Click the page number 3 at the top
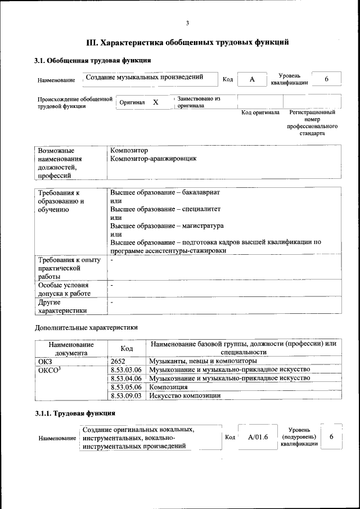187,23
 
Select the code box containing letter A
253,79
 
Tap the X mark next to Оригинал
156,102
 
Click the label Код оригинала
260,112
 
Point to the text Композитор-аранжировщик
154,159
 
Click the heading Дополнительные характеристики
86,327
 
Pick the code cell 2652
119,361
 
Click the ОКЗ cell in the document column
44,361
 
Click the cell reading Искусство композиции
184,395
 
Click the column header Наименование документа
70,348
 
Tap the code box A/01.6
258,437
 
